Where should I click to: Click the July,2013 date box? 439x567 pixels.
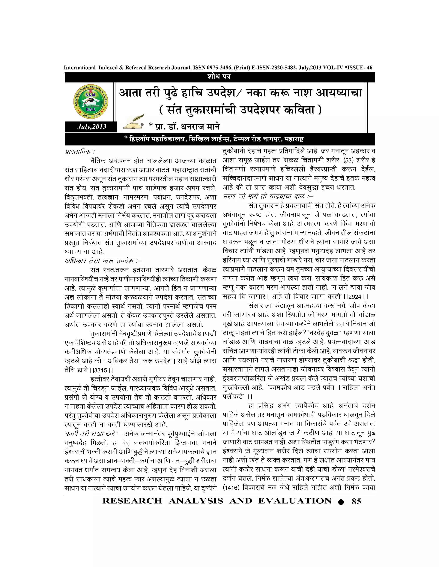click(92, 127)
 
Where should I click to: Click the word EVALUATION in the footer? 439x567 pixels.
click(295, 501)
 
